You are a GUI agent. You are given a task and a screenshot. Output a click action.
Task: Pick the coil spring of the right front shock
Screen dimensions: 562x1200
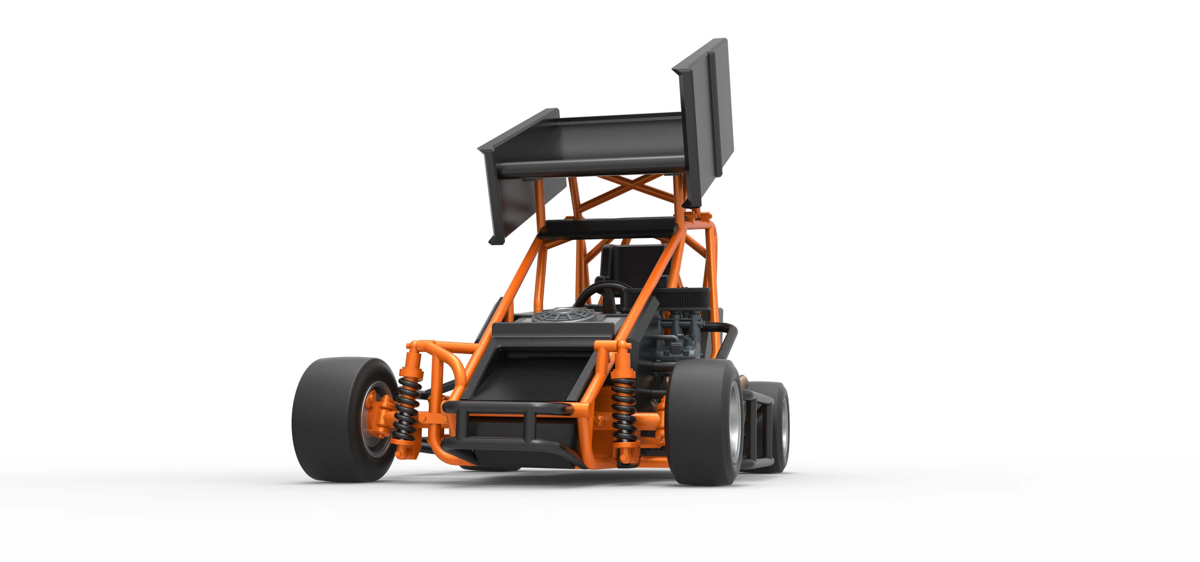(623, 410)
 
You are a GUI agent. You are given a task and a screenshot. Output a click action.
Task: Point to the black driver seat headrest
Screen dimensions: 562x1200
(631, 261)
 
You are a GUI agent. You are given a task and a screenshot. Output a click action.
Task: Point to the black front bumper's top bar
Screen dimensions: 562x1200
(508, 408)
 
